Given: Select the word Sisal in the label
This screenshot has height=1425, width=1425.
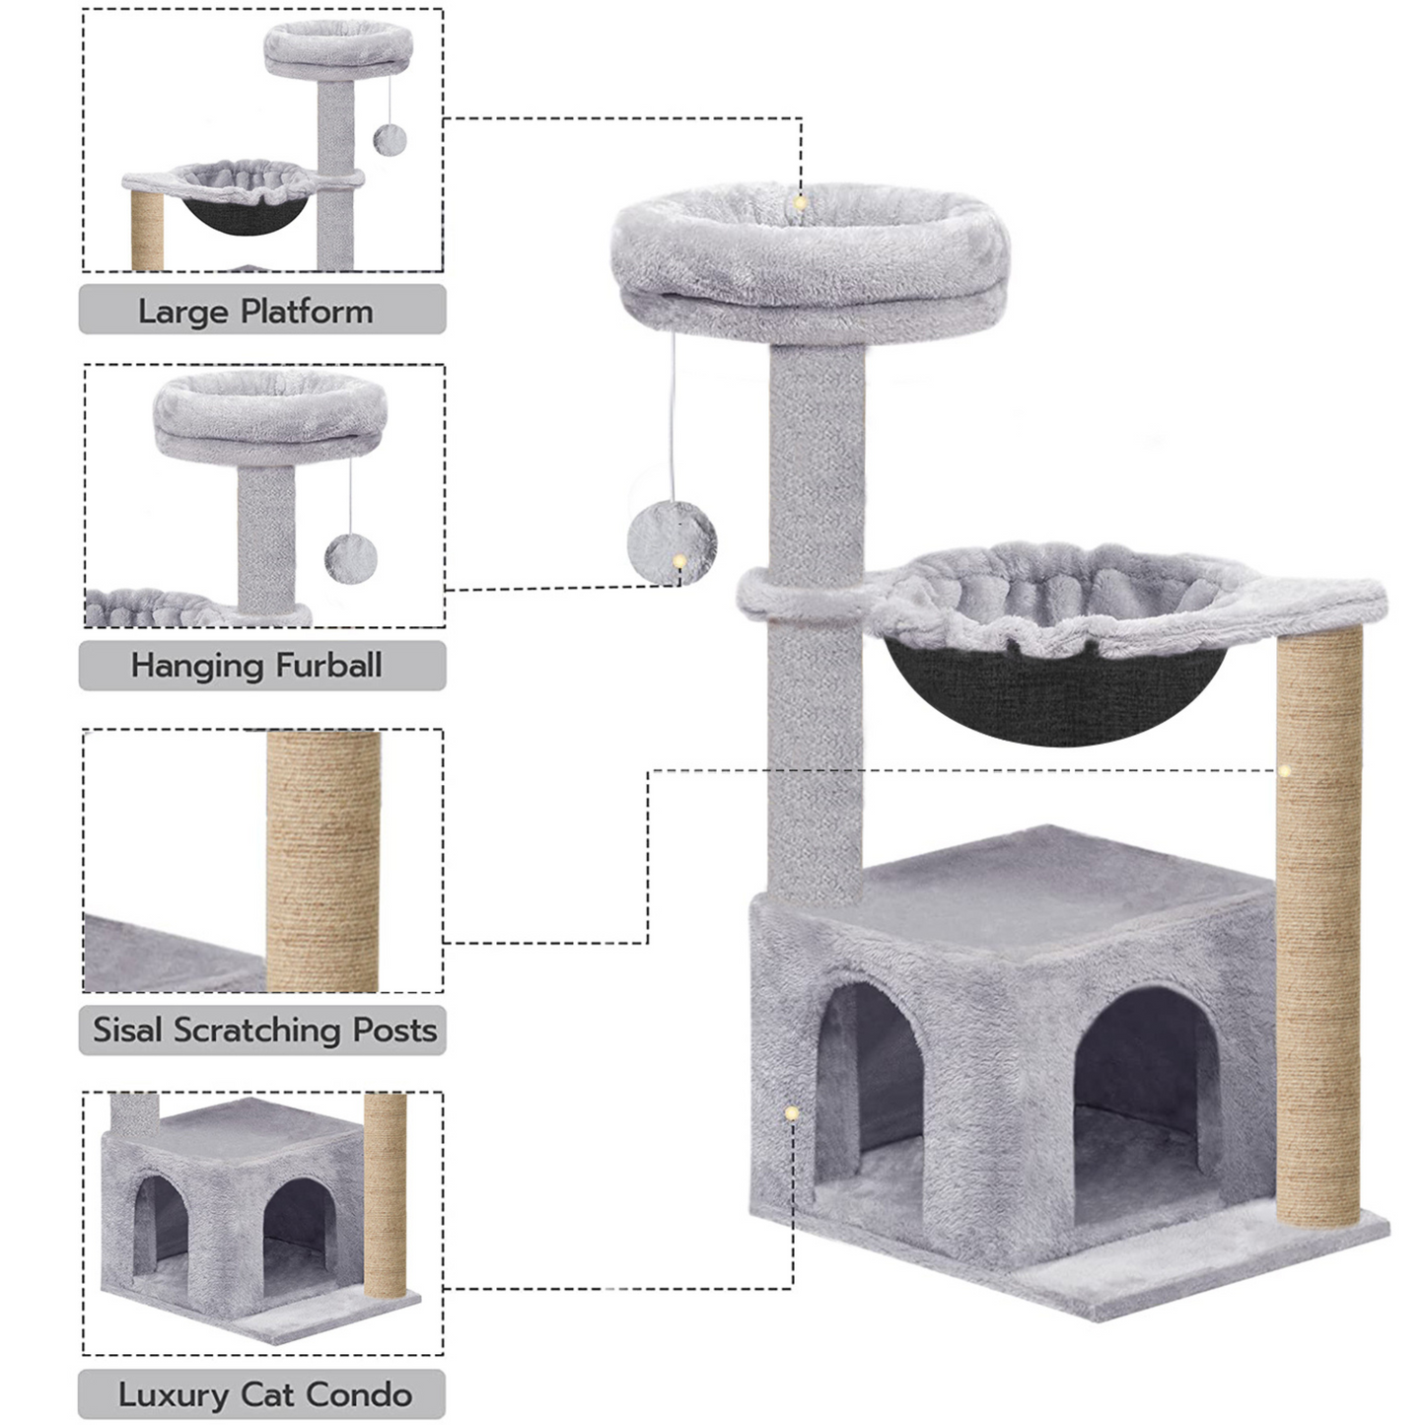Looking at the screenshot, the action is click(127, 1030).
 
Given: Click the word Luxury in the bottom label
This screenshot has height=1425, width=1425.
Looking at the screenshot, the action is click(174, 1396).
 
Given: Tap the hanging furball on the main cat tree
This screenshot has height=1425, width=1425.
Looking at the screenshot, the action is click(672, 543).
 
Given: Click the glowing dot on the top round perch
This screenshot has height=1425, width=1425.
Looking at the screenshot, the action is click(800, 202).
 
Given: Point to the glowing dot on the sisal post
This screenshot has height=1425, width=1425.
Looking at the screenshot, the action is click(1284, 770).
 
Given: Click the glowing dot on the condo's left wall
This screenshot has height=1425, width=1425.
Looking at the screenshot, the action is click(792, 1113).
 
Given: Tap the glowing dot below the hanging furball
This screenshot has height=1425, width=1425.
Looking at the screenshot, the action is click(678, 561).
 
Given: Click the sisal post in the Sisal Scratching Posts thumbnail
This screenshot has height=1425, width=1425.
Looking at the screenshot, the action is click(323, 861).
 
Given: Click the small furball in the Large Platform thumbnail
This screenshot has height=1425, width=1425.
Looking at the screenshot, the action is click(390, 139).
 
